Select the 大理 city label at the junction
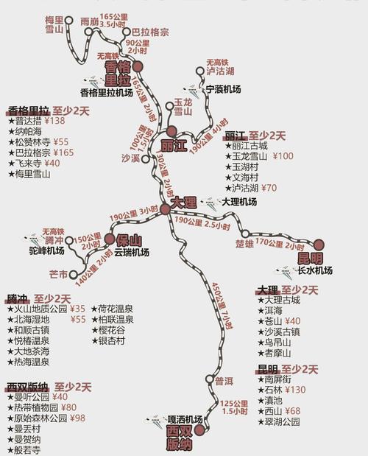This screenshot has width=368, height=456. click(x=183, y=201)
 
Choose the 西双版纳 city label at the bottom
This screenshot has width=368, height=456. click(x=179, y=438)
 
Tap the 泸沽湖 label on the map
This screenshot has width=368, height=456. click(x=219, y=71)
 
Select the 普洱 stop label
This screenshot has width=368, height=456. click(x=224, y=381)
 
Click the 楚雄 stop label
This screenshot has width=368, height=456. click(x=244, y=243)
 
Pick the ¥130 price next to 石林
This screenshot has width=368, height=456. click(x=297, y=390)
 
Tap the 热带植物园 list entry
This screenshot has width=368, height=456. click(x=35, y=407)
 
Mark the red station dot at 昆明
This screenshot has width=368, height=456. click(x=319, y=245)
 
